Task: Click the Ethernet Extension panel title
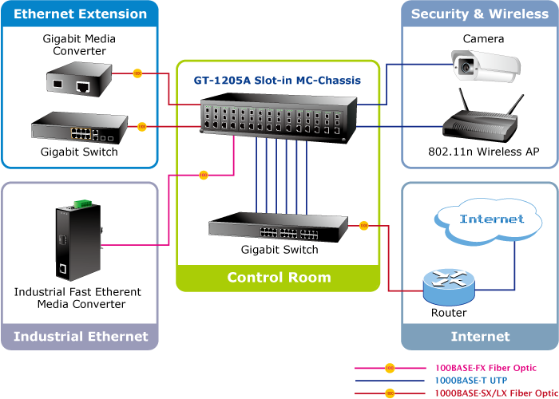tap(81, 14)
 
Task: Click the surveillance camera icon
tap(482, 65)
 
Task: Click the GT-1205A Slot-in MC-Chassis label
tap(277, 81)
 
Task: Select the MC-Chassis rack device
tap(278, 117)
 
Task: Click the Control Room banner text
tap(279, 278)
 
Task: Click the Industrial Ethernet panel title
tap(81, 336)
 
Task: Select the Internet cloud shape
tap(492, 219)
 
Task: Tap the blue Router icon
tap(448, 284)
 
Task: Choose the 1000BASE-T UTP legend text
tap(472, 381)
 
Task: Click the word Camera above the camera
tap(483, 38)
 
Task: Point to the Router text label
tap(449, 313)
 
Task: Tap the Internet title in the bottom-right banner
tap(480, 336)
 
